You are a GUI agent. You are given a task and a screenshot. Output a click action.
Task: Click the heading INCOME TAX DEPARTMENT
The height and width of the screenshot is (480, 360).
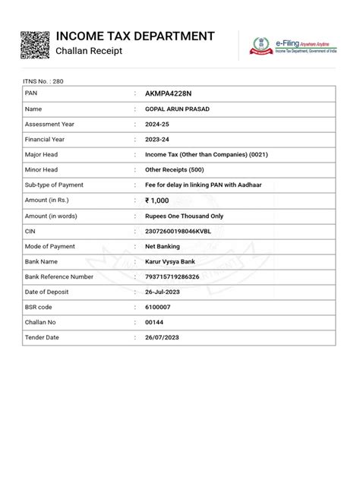[135, 36]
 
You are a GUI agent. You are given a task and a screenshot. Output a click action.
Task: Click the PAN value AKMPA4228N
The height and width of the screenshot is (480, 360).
[170, 95]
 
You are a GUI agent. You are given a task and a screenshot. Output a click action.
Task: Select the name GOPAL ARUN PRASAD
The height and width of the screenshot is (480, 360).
[177, 110]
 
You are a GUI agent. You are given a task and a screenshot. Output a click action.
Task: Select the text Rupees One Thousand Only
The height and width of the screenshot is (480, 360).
[184, 216]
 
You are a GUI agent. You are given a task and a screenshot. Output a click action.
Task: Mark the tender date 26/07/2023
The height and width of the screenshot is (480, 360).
[163, 336]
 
